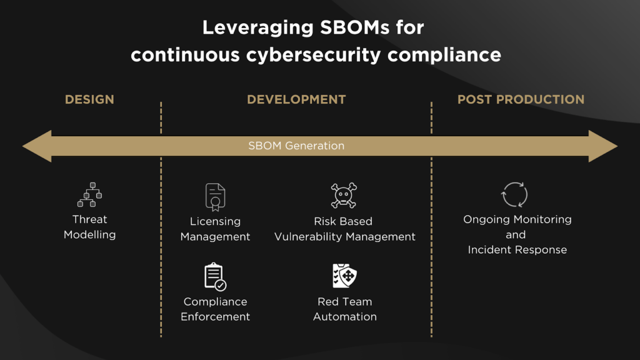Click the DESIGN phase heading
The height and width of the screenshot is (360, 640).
pyautogui.click(x=89, y=99)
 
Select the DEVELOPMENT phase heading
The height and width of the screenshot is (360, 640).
pyautogui.click(x=296, y=99)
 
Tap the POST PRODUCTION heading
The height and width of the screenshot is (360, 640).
pyautogui.click(x=521, y=99)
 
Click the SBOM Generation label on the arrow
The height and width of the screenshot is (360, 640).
pyautogui.click(x=296, y=146)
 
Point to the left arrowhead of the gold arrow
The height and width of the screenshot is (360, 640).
pyautogui.click(x=37, y=146)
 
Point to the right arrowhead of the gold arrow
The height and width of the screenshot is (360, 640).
pyautogui.click(x=603, y=146)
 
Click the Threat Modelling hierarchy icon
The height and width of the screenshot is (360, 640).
pyautogui.click(x=90, y=195)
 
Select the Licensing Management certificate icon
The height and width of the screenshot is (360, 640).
pyautogui.click(x=215, y=197)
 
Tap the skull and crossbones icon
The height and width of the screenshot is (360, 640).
pyautogui.click(x=344, y=196)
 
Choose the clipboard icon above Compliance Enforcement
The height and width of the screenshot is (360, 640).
pyautogui.click(x=215, y=277)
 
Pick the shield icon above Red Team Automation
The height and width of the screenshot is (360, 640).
pyautogui.click(x=345, y=276)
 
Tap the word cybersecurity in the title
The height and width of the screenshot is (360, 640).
pyautogui.click(x=313, y=55)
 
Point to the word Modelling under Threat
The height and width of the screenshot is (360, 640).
pyautogui.click(x=90, y=235)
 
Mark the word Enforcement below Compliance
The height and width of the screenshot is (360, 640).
pyautogui.click(x=215, y=317)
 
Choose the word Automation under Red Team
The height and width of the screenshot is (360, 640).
pyautogui.click(x=345, y=317)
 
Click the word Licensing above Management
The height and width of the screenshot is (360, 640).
pyautogui.click(x=215, y=222)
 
